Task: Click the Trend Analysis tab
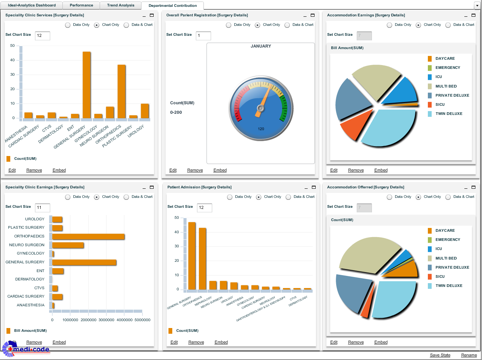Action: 121,5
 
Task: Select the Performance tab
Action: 81,5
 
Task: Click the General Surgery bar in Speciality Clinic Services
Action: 86,85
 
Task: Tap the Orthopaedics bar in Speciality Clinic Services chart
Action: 121,92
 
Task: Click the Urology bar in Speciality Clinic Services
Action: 145,111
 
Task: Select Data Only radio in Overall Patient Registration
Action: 229,25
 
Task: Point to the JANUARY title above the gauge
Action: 261,46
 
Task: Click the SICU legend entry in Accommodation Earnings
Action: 440,105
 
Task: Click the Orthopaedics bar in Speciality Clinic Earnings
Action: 88,236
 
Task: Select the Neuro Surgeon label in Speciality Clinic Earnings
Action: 27,245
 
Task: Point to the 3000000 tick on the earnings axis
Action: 106,320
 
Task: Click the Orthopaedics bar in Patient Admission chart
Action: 202,259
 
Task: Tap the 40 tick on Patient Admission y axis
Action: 176,232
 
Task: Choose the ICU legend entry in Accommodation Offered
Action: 439,249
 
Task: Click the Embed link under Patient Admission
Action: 221,342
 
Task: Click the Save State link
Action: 440,355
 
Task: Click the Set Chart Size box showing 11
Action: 42,208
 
